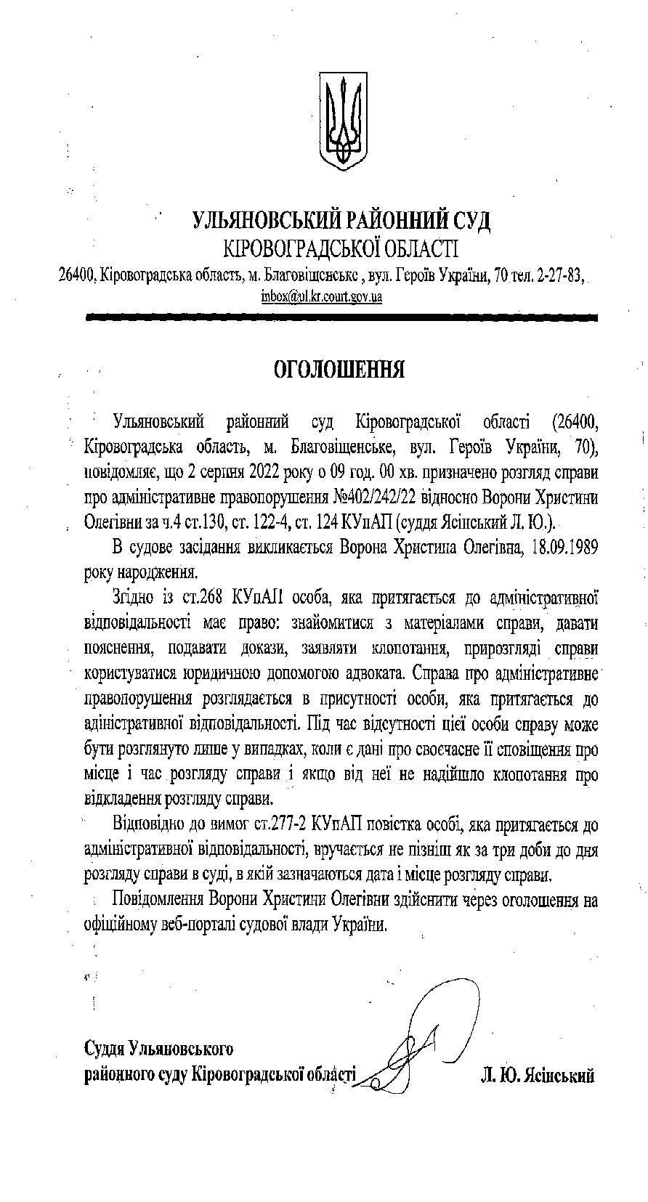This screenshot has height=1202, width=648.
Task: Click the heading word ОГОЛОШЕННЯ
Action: [339, 370]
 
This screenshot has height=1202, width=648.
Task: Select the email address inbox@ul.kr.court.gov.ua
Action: [322, 296]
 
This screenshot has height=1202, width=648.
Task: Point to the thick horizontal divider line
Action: [341, 317]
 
